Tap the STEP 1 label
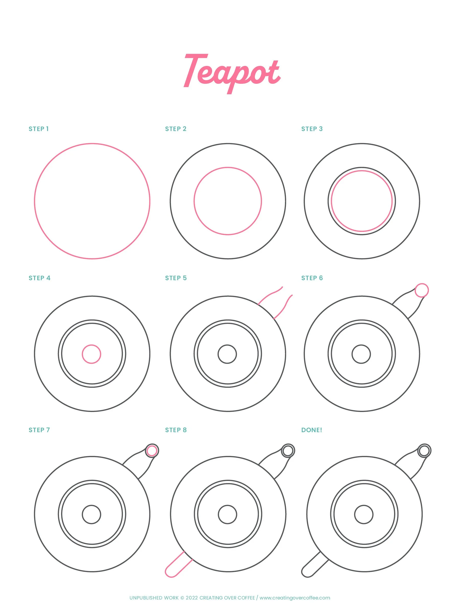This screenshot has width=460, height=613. tap(39, 129)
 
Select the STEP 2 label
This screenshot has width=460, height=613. tap(176, 129)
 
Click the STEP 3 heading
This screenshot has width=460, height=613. tap(312, 129)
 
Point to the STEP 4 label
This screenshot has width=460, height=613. tap(39, 278)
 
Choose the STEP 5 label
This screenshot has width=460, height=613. tap(176, 278)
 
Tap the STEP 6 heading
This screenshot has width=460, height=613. tap(312, 278)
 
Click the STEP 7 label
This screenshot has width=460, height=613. tap(39, 430)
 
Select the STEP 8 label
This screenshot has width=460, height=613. tap(176, 430)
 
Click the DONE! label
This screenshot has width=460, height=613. tap(312, 430)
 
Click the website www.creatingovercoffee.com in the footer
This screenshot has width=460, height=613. tap(295, 598)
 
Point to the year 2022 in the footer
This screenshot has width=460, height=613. tap(192, 598)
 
